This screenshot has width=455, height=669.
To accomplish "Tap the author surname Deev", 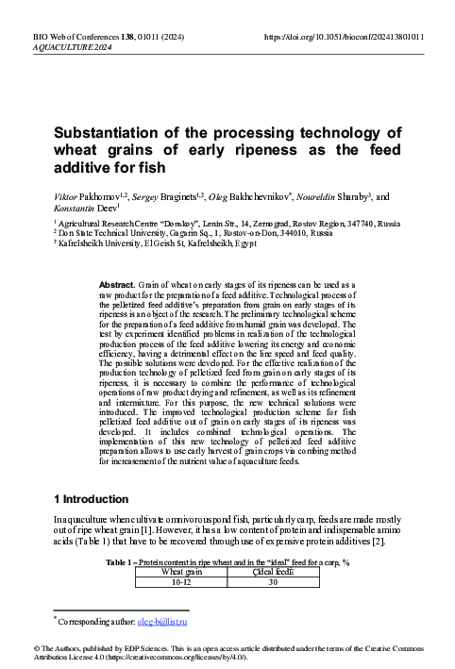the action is coord(101,208).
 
